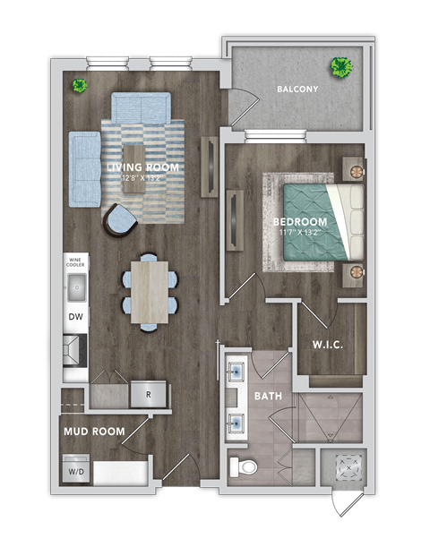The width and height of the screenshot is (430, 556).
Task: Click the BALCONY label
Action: (297, 90)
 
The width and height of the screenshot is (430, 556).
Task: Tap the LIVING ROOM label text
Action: (142, 167)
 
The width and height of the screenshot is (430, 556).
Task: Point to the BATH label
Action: (268, 395)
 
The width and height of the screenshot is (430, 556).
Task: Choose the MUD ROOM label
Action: (93, 432)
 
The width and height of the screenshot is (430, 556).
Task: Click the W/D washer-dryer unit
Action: (75, 472)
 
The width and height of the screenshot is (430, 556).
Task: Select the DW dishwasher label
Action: (75, 318)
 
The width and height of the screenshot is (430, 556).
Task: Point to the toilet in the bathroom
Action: (244, 466)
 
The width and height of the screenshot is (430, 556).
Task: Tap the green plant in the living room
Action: (80, 86)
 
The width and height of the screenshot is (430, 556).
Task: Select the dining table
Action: (149, 289)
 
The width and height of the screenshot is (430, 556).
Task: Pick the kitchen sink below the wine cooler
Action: (75, 288)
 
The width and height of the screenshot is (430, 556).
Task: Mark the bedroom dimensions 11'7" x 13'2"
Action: (300, 233)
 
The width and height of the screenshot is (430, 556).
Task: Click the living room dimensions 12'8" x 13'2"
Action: (142, 177)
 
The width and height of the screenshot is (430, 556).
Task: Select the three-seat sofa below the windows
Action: (140, 108)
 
